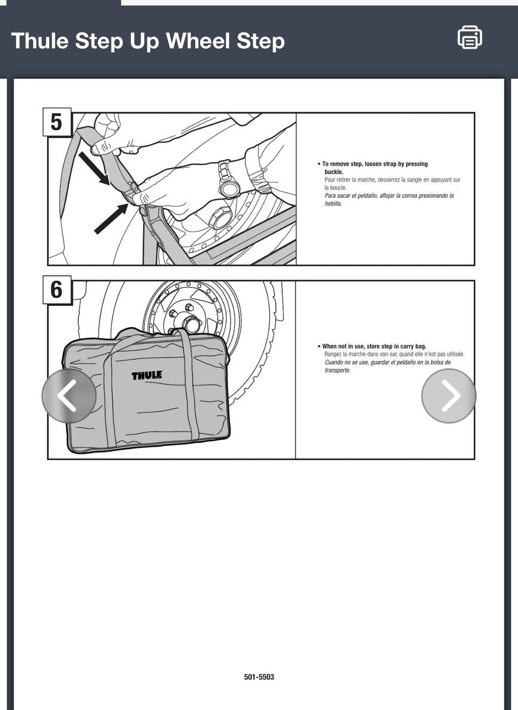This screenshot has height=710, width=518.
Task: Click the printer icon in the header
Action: (469, 37)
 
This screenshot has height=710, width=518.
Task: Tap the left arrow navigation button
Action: (69, 395)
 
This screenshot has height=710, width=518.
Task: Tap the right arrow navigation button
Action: (448, 395)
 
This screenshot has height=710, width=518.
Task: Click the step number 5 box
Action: (57, 122)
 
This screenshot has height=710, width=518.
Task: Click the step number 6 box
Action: (57, 290)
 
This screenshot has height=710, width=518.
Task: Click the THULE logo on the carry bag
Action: (147, 376)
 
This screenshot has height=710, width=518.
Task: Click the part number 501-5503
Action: (259, 677)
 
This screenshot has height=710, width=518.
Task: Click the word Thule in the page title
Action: (40, 41)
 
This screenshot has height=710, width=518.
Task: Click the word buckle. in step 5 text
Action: (333, 172)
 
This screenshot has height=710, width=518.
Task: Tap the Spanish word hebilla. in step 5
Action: (333, 204)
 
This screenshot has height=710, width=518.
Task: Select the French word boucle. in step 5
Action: (338, 188)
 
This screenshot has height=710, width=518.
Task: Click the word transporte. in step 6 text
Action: (338, 370)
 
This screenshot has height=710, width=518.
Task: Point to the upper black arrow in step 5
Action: (94, 168)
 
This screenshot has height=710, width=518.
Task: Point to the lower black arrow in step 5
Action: (111, 219)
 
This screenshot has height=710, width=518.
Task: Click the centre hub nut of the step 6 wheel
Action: (190, 323)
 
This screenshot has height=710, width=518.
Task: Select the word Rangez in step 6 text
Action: (332, 354)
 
